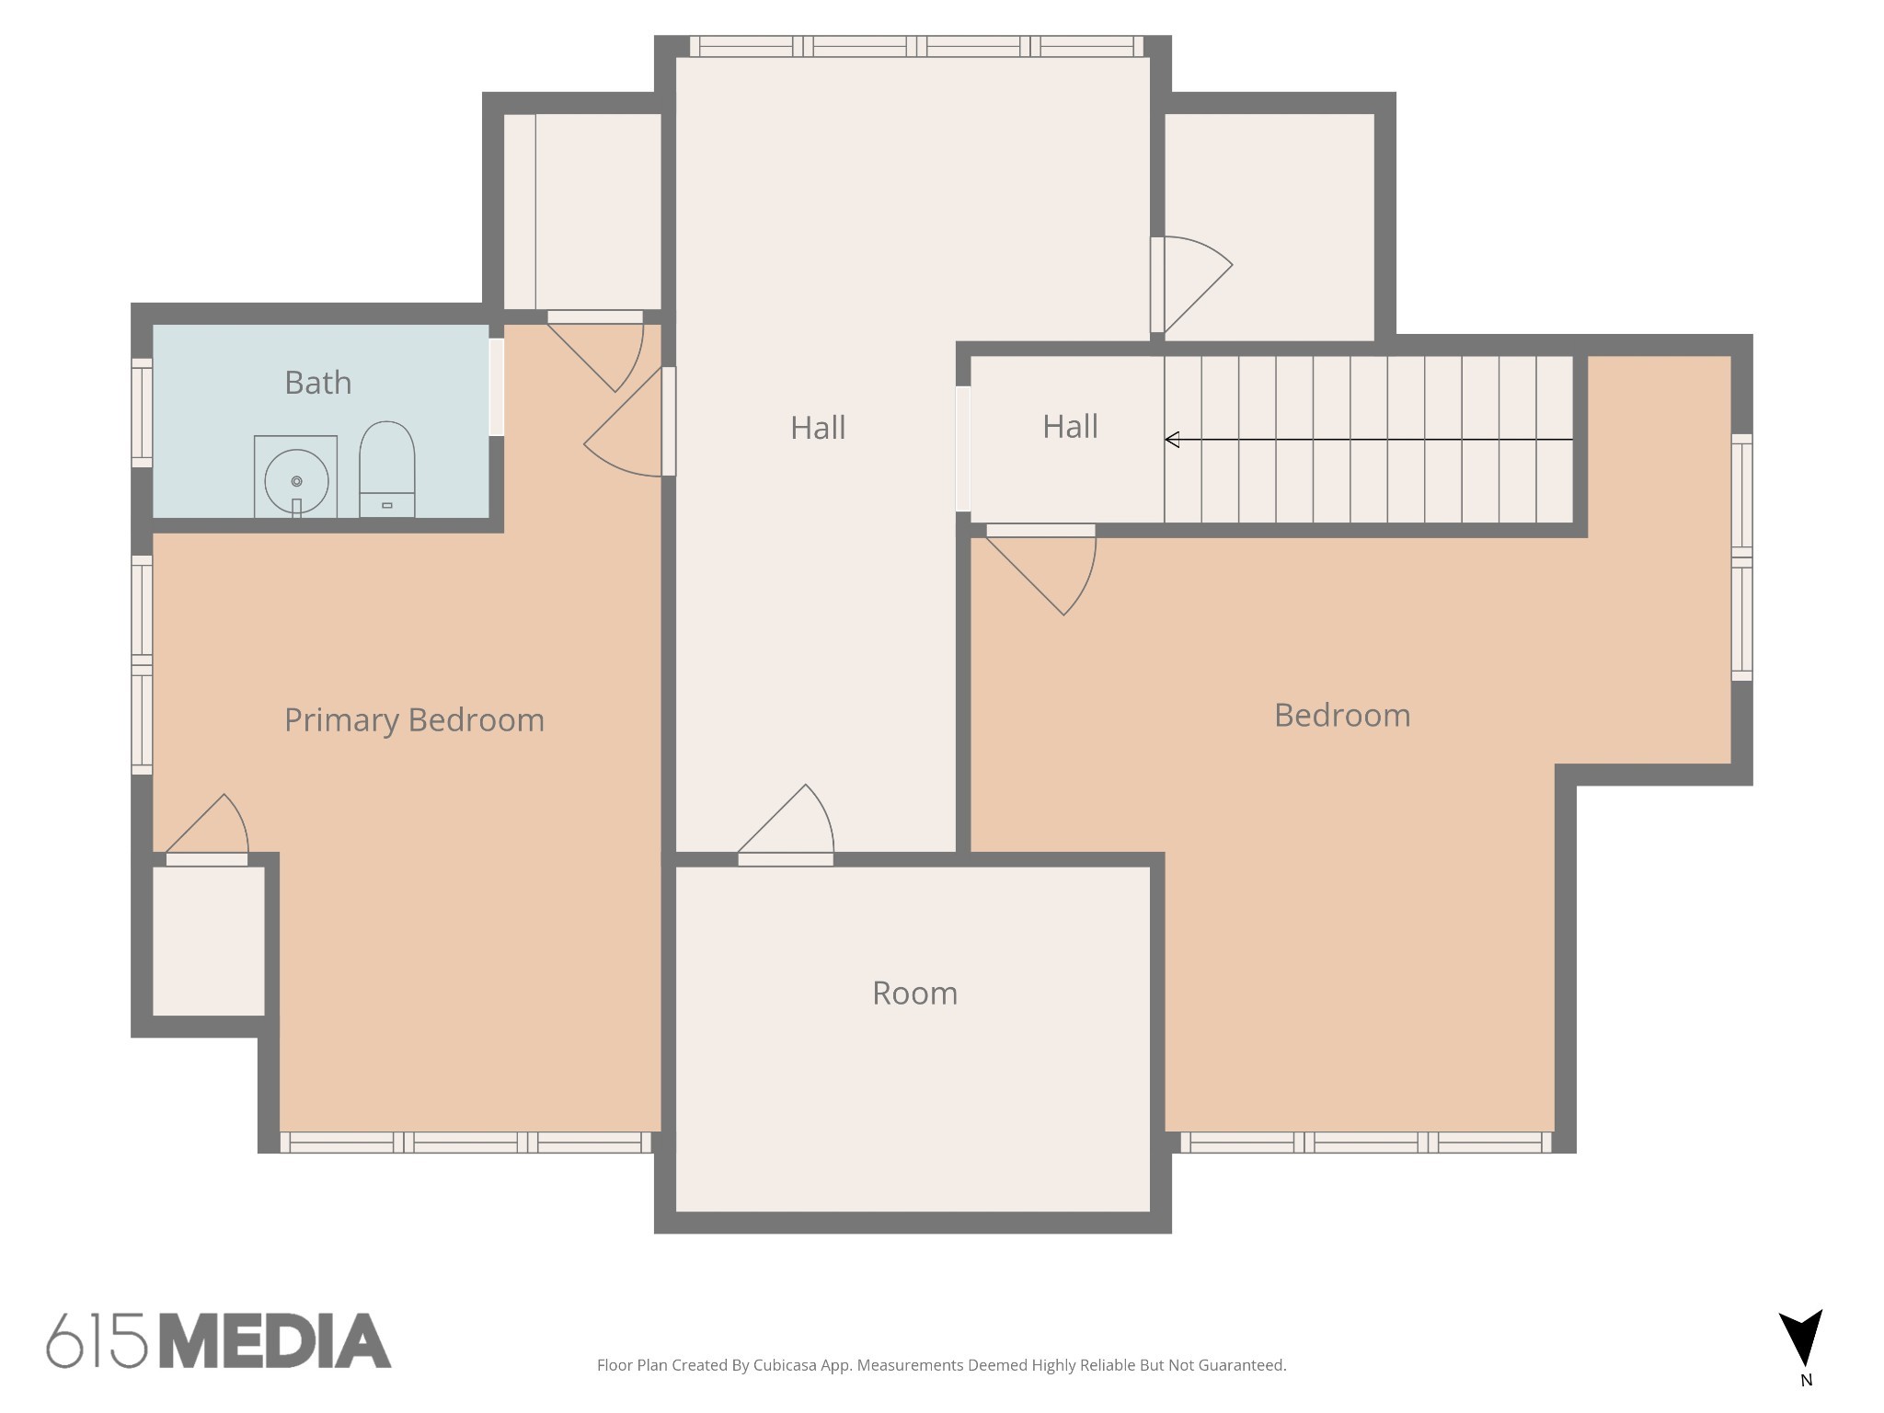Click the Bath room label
pyautogui.click(x=317, y=383)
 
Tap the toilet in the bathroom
pyautogui.click(x=386, y=469)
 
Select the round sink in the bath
pyautogui.click(x=296, y=481)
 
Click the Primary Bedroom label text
pyautogui.click(x=414, y=720)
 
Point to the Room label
pyautogui.click(x=914, y=994)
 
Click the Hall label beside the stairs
pyautogui.click(x=1070, y=427)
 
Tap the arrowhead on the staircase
pyautogui.click(x=1172, y=440)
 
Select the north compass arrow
pyautogui.click(x=1800, y=1338)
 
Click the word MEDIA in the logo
pyautogui.click(x=275, y=1341)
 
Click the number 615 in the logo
pyautogui.click(x=97, y=1341)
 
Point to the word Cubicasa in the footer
pyautogui.click(x=787, y=1365)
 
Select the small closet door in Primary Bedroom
pyautogui.click(x=207, y=829)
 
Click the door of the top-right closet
pyautogui.click(x=1191, y=284)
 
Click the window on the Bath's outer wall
pyautogui.click(x=142, y=413)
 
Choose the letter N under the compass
pyautogui.click(x=1806, y=1380)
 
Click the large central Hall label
pyautogui.click(x=818, y=428)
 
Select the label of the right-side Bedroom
pyautogui.click(x=1342, y=716)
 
